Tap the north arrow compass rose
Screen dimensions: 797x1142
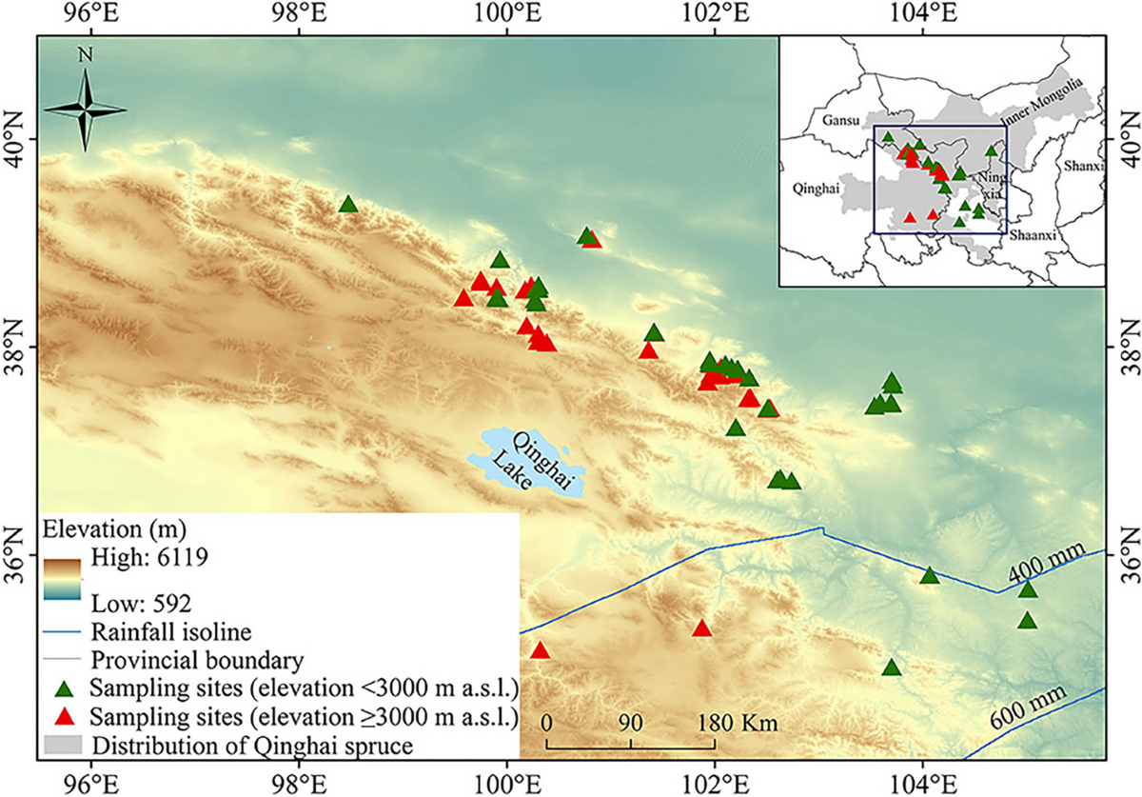(x=85, y=106)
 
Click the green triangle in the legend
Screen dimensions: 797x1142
(x=65, y=688)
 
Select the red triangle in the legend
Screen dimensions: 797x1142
(x=65, y=716)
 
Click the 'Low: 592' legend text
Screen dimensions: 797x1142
(x=143, y=603)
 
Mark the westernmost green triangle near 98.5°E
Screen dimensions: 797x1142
(x=348, y=204)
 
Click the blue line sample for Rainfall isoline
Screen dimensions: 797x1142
(x=65, y=630)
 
